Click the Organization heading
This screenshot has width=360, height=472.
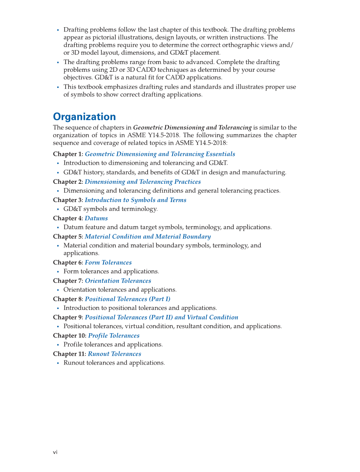pyautogui.click(x=84, y=117)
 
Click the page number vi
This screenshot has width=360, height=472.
pyautogui.click(x=55, y=452)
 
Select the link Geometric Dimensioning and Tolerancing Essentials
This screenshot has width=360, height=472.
pyautogui.click(x=160, y=154)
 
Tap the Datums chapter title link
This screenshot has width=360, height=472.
pyautogui.click(x=96, y=218)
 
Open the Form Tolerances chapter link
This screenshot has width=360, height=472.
pyautogui.click(x=108, y=262)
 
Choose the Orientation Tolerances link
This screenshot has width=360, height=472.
pyautogui.click(x=118, y=281)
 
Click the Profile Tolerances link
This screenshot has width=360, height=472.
pyautogui.click(x=114, y=335)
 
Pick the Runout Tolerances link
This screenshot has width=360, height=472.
pyautogui.click(x=114, y=354)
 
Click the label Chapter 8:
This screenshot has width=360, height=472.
pyautogui.click(x=68, y=299)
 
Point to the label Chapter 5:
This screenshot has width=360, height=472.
pyautogui.click(x=68, y=236)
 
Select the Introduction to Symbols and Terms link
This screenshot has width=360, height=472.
pyautogui.click(x=135, y=200)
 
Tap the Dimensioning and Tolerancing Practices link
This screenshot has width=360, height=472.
pyautogui.click(x=142, y=182)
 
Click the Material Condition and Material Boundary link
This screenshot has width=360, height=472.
pyautogui.click(x=148, y=236)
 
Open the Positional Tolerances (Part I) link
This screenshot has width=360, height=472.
pyautogui.click(x=128, y=299)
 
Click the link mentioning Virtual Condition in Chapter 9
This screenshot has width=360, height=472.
pyautogui.click(x=161, y=317)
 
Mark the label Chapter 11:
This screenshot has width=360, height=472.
pyautogui.click(x=70, y=354)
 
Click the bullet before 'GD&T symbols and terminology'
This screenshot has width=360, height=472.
pyautogui.click(x=58, y=209)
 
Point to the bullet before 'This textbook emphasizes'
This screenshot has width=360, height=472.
pyautogui.click(x=58, y=87)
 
